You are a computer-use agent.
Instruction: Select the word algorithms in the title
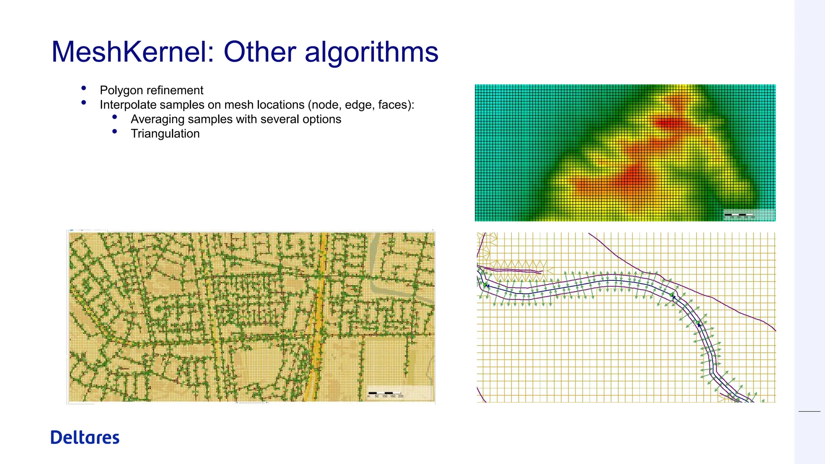tap(371, 53)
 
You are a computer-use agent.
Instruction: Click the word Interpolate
tap(128, 105)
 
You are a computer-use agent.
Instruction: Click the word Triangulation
tap(165, 134)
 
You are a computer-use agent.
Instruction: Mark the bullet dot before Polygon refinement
tap(84, 88)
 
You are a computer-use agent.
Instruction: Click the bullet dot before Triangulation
tap(115, 131)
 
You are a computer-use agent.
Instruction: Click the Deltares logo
tap(85, 437)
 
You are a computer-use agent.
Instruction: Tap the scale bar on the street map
tap(385, 393)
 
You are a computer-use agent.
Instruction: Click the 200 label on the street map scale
tap(400, 396)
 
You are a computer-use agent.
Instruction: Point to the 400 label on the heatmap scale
tap(753, 217)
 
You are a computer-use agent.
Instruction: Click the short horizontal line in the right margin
tap(809, 411)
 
